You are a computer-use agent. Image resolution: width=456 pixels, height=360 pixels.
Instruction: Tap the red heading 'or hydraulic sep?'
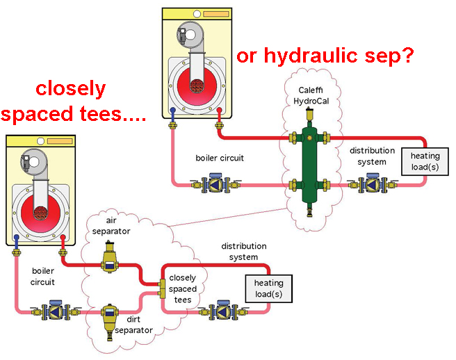[x=326, y=55]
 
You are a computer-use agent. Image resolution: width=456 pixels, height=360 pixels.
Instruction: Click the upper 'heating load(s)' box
[x=425, y=161]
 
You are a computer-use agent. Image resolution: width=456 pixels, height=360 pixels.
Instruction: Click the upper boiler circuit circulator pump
[x=215, y=185]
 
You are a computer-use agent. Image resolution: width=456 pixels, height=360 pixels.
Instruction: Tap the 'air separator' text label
[x=110, y=225]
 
